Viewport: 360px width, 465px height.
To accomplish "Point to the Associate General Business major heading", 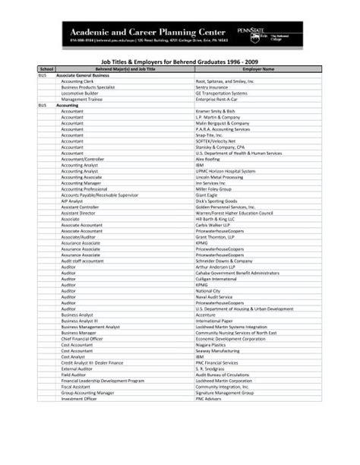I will [83, 75].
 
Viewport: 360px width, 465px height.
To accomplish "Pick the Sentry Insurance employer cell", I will [213, 87].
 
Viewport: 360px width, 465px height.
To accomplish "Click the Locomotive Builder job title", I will [82, 93].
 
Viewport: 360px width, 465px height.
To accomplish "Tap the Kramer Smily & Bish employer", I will [216, 111].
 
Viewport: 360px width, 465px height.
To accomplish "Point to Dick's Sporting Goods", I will [216, 201].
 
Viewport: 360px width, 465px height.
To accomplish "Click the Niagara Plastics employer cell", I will [211, 344].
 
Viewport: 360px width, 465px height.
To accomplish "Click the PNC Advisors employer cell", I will [209, 397].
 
